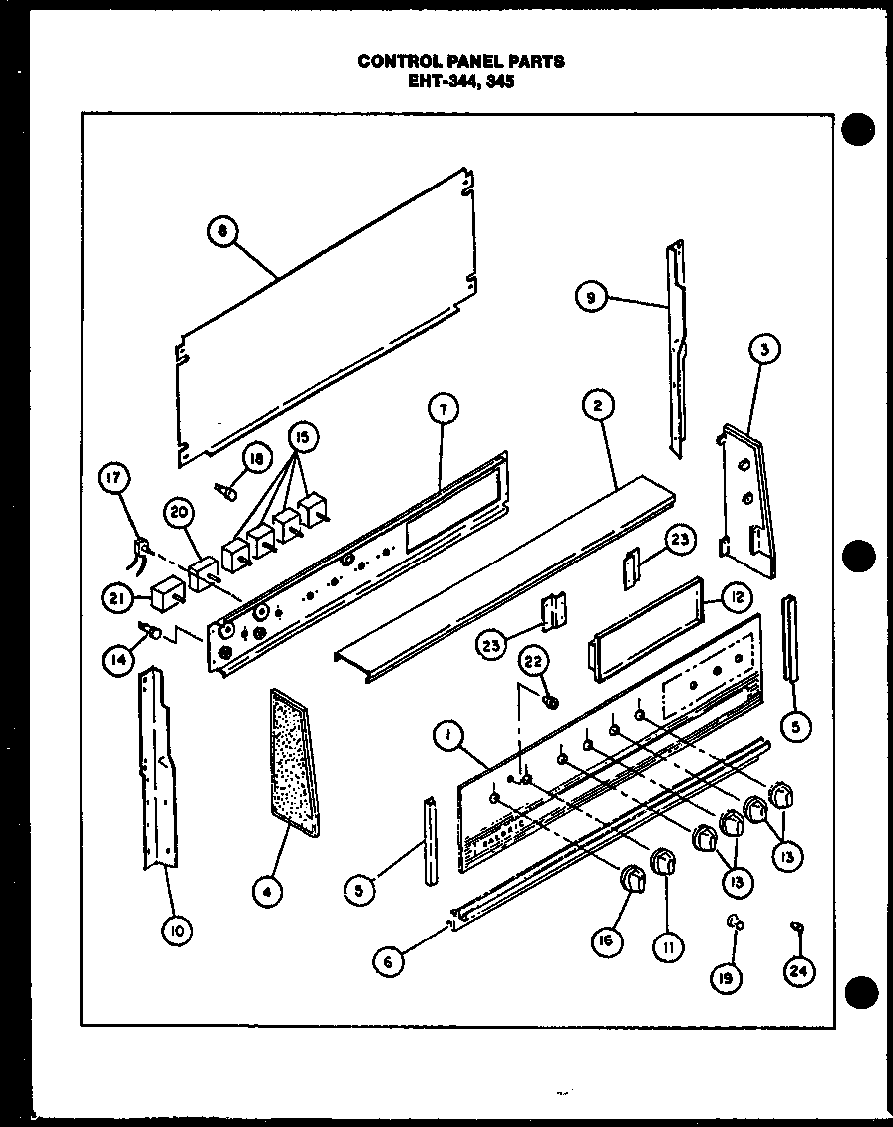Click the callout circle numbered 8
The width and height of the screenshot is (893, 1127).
[x=223, y=232]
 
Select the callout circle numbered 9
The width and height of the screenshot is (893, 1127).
[x=592, y=296]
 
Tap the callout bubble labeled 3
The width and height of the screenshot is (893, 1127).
[x=764, y=349]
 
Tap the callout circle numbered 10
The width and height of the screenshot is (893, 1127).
[x=177, y=932]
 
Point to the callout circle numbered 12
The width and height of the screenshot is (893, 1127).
[x=737, y=598]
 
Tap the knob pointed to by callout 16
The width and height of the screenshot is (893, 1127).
[x=631, y=879]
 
